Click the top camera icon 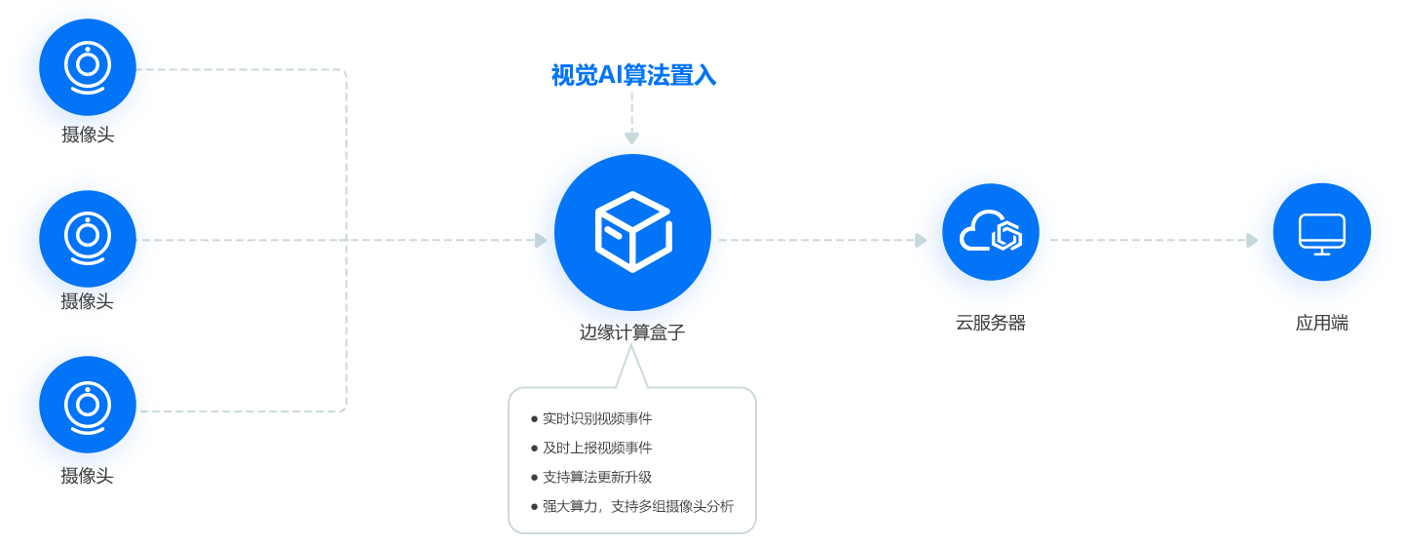point(87,68)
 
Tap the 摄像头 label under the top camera point(88,136)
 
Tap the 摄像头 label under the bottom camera point(88,476)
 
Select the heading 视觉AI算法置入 point(633,75)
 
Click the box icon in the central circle point(632,231)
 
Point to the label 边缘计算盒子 point(632,332)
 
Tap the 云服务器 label point(990,323)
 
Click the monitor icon point(1321,234)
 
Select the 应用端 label point(1321,323)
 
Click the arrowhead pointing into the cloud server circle point(921,240)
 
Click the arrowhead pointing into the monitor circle point(1252,240)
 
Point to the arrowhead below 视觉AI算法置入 point(631,138)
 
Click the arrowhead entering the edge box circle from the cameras point(541,240)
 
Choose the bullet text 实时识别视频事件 point(597,418)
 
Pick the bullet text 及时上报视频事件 point(597,448)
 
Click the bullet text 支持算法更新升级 point(597,477)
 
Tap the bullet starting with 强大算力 point(638,506)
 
